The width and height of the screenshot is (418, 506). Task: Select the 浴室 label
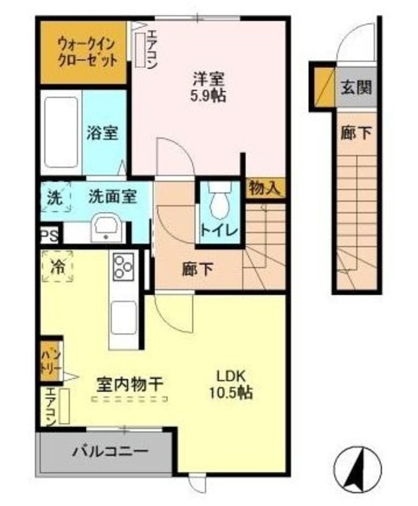point(103,133)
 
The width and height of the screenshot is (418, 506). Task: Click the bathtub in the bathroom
point(59,131)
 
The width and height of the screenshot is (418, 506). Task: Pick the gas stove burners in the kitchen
point(124,266)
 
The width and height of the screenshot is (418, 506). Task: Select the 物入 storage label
point(264,187)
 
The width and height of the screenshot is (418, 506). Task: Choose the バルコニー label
point(110,453)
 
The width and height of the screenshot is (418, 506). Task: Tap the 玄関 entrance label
point(356,87)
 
